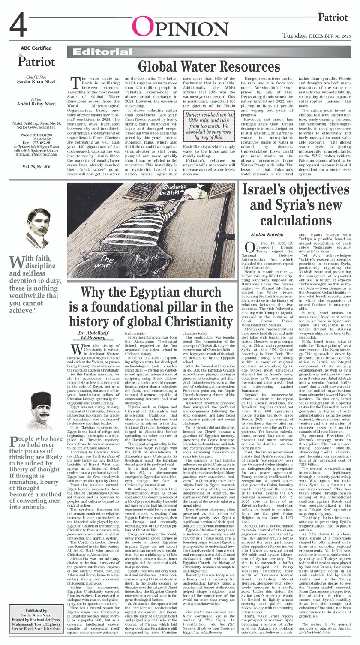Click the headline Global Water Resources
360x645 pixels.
pos(209,66)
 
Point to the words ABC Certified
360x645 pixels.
pos(36,48)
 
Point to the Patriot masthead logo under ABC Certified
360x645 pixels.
pos(36,60)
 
